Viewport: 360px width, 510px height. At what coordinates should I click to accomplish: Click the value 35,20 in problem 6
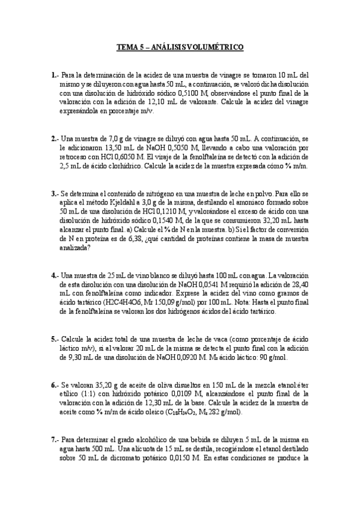[x=98, y=383]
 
